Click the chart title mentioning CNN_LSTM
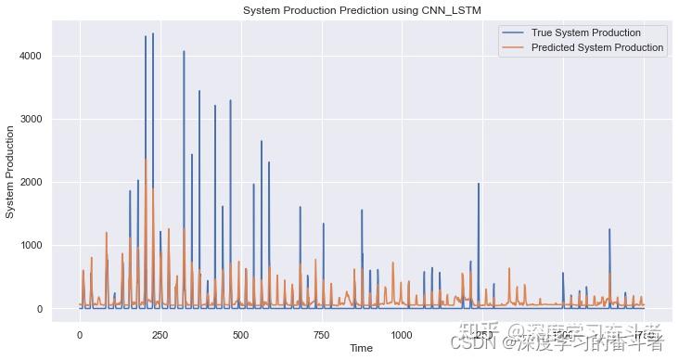coord(363,10)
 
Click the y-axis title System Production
coord(11,171)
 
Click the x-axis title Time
coord(363,347)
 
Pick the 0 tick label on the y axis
coord(44,308)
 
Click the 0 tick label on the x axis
coord(80,333)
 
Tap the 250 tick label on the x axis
coord(160,333)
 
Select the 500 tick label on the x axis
coord(241,333)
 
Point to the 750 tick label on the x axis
coord(322,333)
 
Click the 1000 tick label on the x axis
coord(402,333)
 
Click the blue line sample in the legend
coord(517,32)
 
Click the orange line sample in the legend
coord(517,47)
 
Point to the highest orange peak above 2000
coord(147,160)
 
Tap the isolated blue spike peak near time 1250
coord(479,184)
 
